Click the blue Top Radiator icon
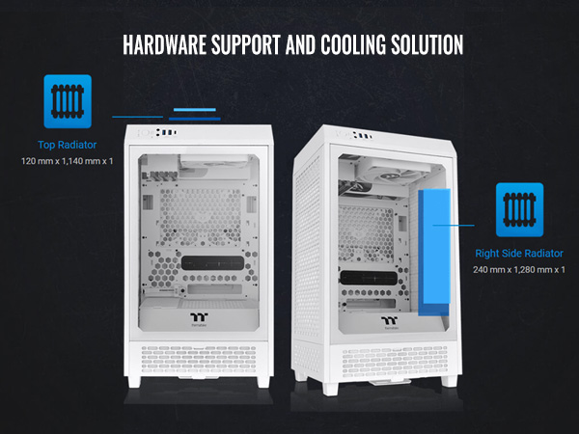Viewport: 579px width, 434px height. click(x=68, y=99)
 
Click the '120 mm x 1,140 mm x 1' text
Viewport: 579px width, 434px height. click(x=68, y=159)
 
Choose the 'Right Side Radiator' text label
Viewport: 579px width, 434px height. click(x=519, y=254)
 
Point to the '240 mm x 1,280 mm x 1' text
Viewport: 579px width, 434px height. click(x=519, y=269)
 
